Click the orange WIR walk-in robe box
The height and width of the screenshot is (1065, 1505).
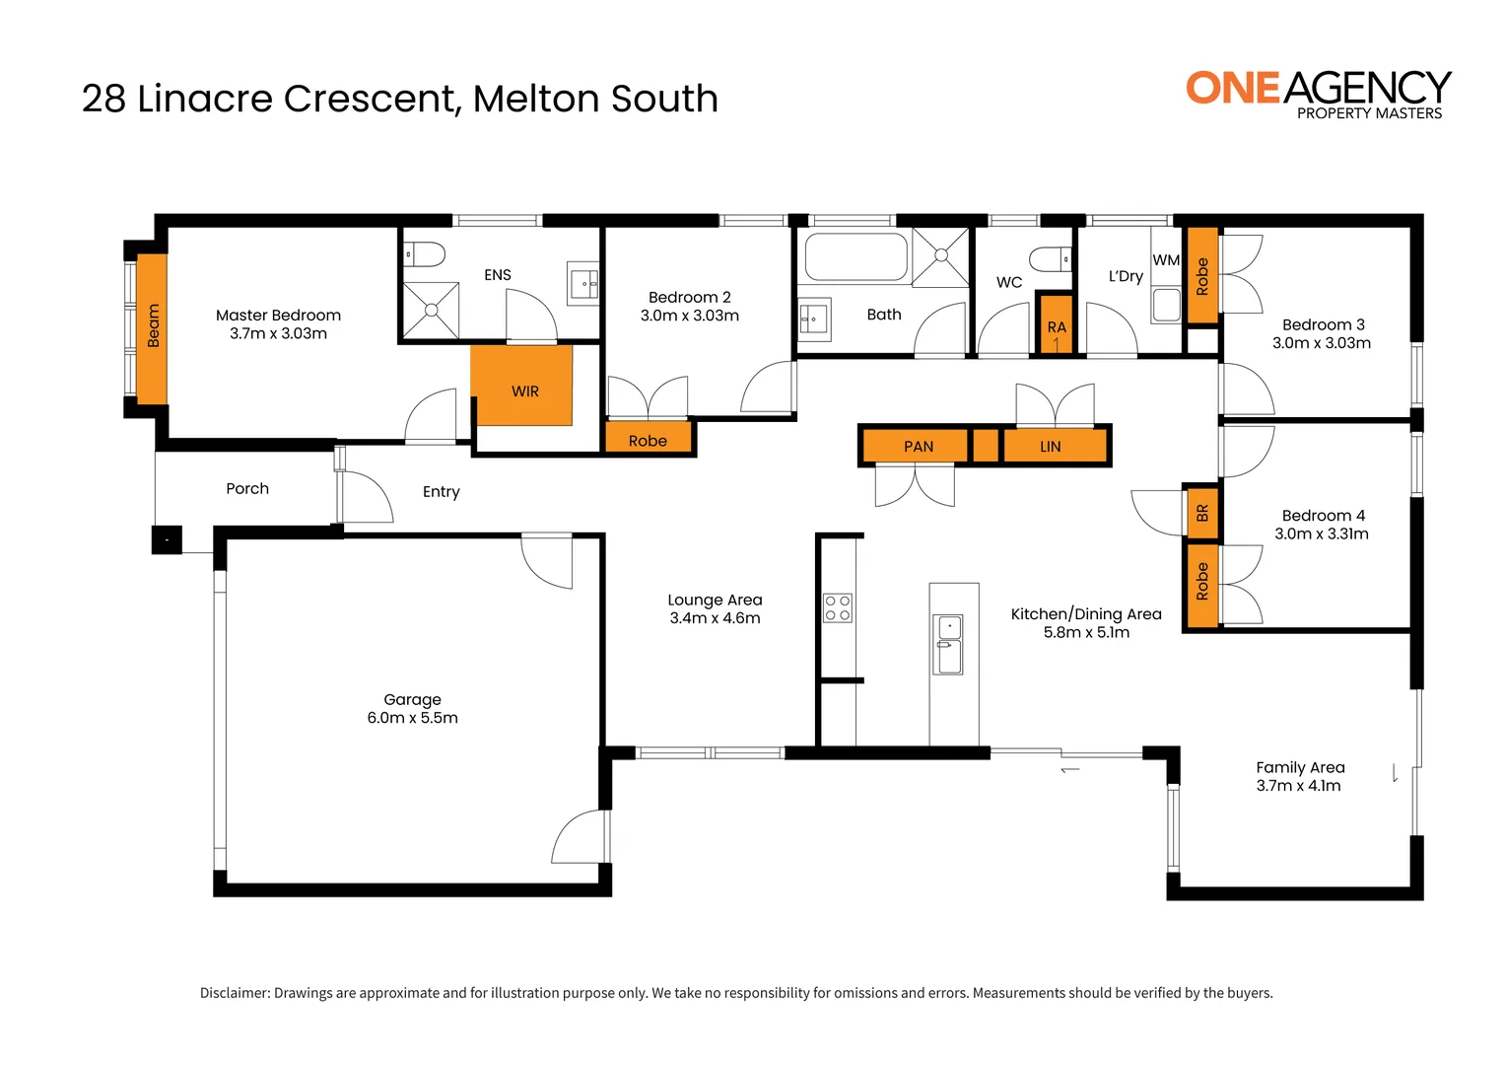click(x=521, y=386)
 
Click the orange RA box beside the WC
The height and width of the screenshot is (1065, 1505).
click(x=1056, y=324)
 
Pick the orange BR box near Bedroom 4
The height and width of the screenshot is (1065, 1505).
click(x=1201, y=513)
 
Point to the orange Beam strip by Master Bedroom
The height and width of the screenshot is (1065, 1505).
click(x=152, y=327)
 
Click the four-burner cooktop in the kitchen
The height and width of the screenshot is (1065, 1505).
click(x=838, y=607)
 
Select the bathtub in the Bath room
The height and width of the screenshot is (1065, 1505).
click(x=855, y=257)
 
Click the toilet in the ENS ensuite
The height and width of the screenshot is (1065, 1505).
click(x=426, y=254)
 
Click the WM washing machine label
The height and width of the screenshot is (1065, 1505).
click(x=1166, y=260)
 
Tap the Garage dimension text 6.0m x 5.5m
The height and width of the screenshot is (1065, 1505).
click(x=412, y=718)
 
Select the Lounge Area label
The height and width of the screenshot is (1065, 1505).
click(x=715, y=600)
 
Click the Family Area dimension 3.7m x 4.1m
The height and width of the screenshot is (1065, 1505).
click(x=1298, y=786)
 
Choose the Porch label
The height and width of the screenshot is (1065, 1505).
click(x=247, y=488)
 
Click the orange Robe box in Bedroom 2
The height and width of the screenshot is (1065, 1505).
click(x=648, y=440)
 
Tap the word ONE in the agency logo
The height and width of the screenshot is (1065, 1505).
click(x=1233, y=89)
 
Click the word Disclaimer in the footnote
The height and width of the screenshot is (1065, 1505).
click(x=235, y=993)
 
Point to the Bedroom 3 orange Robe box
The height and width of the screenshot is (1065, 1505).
click(x=1201, y=276)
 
